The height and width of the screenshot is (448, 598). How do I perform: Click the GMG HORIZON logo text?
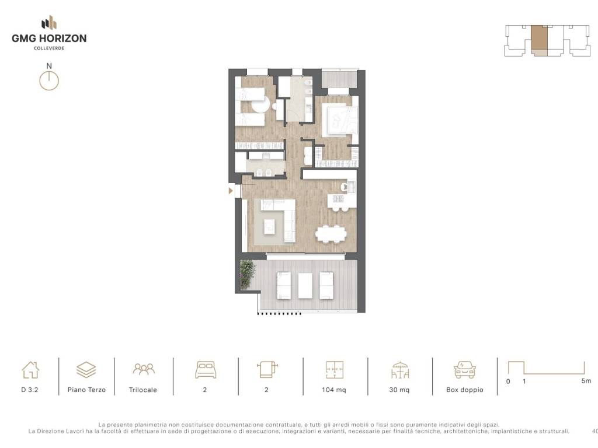(x=49, y=38)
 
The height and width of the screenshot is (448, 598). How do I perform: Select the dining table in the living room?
(x=331, y=233)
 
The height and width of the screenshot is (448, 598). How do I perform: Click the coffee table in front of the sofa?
(x=270, y=227)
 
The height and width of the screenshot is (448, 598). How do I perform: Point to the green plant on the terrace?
(x=248, y=274)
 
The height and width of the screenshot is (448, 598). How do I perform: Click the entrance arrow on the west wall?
(x=230, y=191)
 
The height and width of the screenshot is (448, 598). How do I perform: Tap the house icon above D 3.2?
(x=30, y=369)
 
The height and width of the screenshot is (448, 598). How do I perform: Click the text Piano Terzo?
(x=86, y=390)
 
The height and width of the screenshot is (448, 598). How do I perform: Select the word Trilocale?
(x=143, y=390)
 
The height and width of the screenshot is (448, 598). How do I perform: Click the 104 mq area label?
(x=333, y=390)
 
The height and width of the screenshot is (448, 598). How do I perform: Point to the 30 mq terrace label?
(x=399, y=390)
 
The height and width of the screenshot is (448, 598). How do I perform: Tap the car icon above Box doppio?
(x=464, y=369)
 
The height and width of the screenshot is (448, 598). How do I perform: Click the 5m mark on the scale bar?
(x=586, y=380)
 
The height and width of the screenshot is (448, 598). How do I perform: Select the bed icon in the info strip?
(x=206, y=369)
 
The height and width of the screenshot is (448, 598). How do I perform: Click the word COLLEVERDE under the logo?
(x=49, y=48)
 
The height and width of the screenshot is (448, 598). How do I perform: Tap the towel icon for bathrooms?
(x=267, y=369)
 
